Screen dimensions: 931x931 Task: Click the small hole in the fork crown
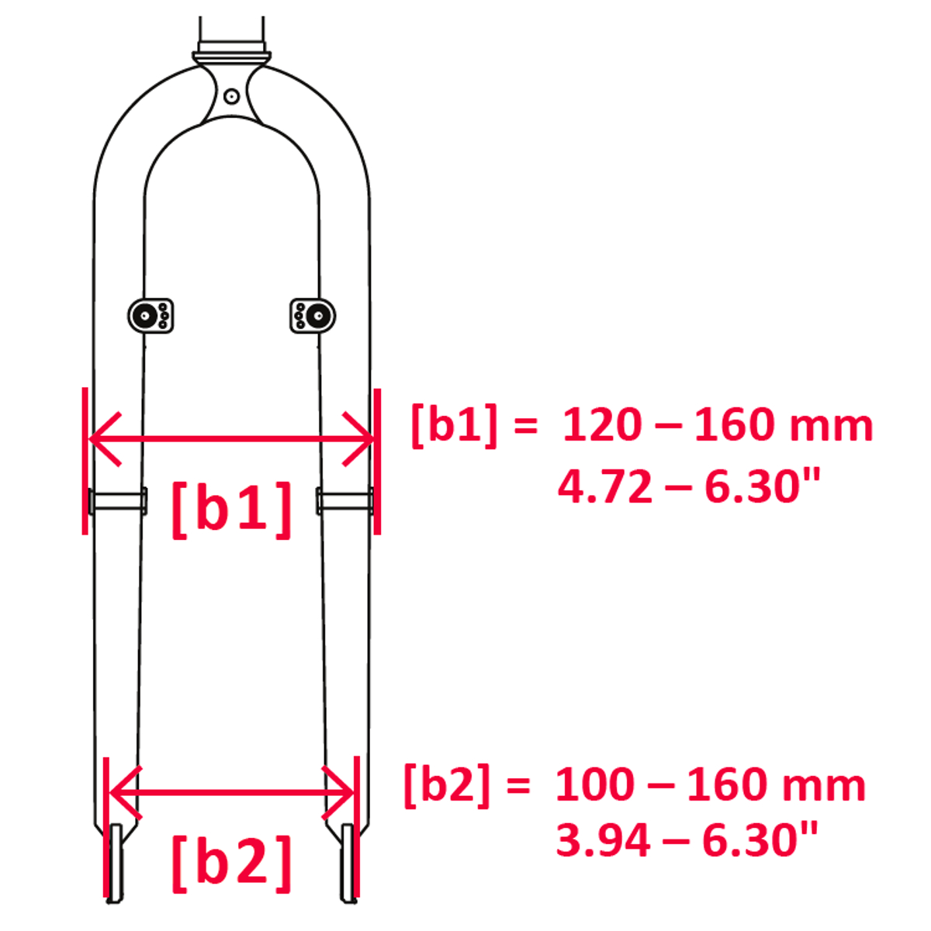(231, 97)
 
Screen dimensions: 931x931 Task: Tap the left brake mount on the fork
(151, 316)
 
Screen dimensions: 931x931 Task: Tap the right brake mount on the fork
(313, 316)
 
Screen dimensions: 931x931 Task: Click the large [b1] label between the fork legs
(231, 510)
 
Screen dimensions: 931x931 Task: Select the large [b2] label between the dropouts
(231, 864)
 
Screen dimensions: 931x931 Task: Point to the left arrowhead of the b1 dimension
(105, 438)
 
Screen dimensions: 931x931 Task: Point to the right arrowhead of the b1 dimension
(358, 438)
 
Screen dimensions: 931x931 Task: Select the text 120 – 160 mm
(718, 424)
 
